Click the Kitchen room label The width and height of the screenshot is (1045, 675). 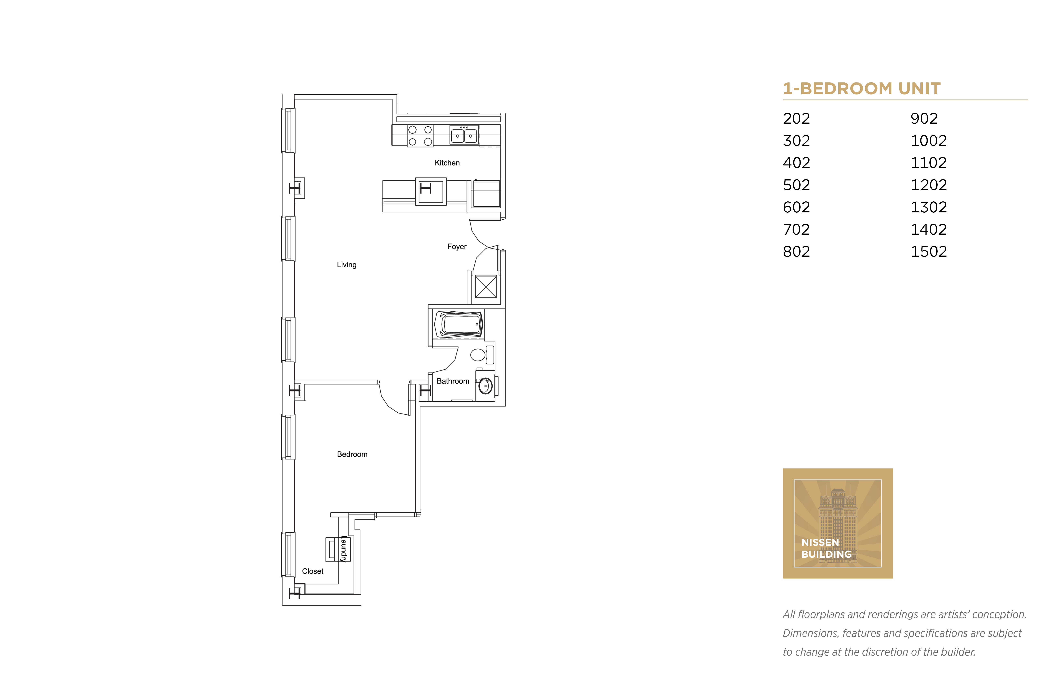coord(447,163)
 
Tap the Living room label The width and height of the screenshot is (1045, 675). coord(347,265)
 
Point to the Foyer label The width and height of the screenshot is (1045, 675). coord(457,247)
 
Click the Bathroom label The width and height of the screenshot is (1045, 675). coord(453,381)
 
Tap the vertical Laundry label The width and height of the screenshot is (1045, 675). coord(344,549)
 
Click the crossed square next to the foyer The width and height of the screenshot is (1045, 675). coord(486,287)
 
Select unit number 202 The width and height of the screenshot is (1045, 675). coord(796,118)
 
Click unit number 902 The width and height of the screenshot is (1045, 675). coord(924,118)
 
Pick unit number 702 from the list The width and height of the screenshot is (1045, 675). coord(796,229)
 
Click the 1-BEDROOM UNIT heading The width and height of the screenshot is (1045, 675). coord(862,89)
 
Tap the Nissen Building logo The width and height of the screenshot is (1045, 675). coord(838,523)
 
